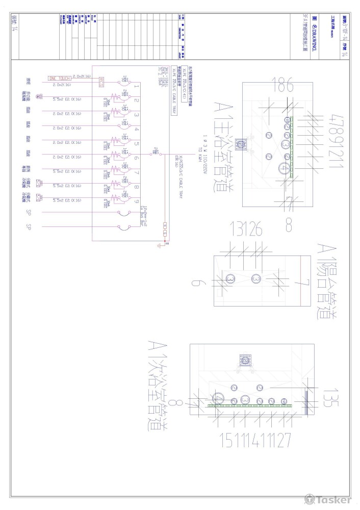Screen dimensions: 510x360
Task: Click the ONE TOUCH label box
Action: coord(60,78)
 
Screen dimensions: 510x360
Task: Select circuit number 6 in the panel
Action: coord(137,158)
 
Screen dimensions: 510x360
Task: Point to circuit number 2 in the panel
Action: coord(137,100)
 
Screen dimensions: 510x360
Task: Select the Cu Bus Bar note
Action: coord(145,220)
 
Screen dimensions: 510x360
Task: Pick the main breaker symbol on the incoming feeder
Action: coord(153,151)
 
